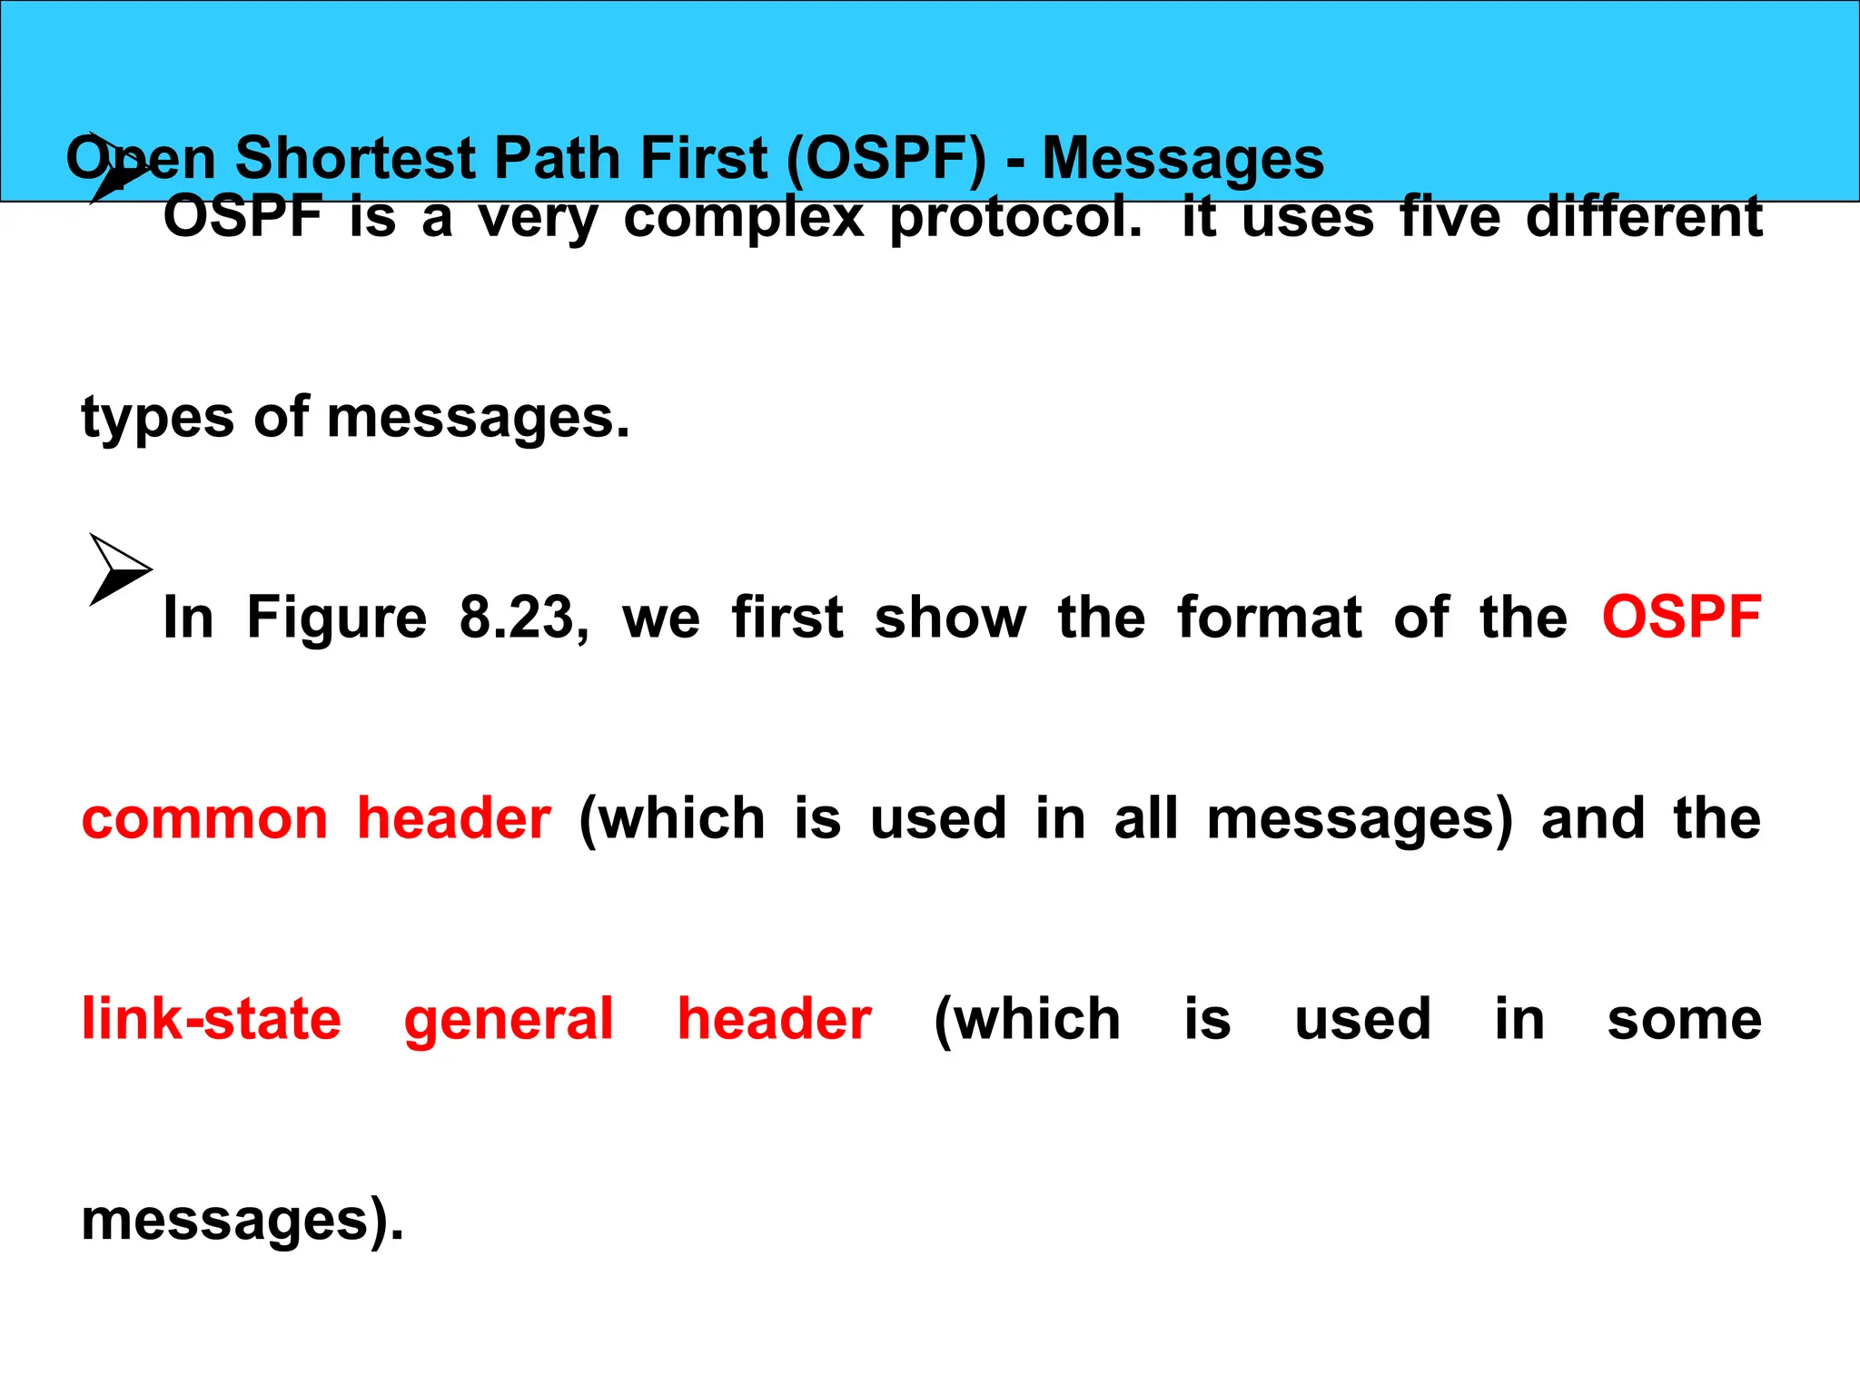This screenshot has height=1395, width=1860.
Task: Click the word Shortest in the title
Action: click(355, 158)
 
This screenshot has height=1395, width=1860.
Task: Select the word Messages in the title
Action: click(1182, 158)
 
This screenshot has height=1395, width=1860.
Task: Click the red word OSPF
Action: click(1681, 618)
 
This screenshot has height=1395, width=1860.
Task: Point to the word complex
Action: click(744, 218)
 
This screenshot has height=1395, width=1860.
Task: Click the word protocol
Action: click(1015, 218)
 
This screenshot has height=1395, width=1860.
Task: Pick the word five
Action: click(1449, 218)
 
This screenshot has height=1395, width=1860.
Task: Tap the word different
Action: click(1644, 218)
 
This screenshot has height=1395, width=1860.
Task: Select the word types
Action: click(157, 420)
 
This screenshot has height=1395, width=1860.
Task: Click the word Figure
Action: click(336, 618)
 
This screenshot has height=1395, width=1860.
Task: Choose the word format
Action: click(1269, 618)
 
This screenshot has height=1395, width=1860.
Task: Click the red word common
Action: click(204, 819)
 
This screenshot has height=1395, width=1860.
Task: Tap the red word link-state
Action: click(211, 1019)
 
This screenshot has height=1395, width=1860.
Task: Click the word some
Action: click(1684, 1020)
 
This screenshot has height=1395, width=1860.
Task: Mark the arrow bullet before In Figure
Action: click(118, 569)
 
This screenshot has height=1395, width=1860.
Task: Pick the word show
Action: click(949, 618)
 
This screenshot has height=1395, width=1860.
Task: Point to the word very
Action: click(538, 220)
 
